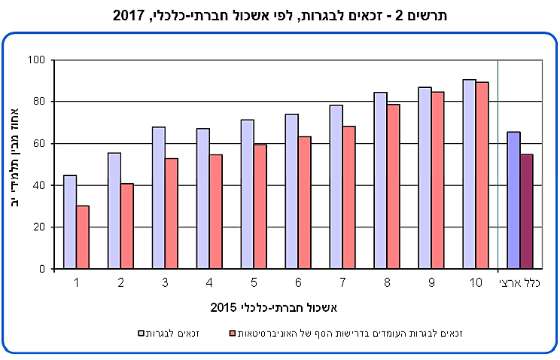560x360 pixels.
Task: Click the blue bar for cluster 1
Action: coord(70,222)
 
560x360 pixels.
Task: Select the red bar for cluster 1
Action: coord(83,237)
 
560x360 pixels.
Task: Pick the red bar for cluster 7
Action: coord(349,197)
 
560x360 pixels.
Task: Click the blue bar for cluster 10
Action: coord(470,174)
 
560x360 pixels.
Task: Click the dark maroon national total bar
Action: coord(526,212)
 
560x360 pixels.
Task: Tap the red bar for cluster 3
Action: coord(172,214)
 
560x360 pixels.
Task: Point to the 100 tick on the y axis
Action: coord(38,59)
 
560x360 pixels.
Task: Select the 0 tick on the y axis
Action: coord(43,269)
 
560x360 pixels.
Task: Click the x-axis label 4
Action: coord(209,282)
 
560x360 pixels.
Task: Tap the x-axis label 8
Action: coord(387,282)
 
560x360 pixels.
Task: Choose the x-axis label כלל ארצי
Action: coord(518,282)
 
